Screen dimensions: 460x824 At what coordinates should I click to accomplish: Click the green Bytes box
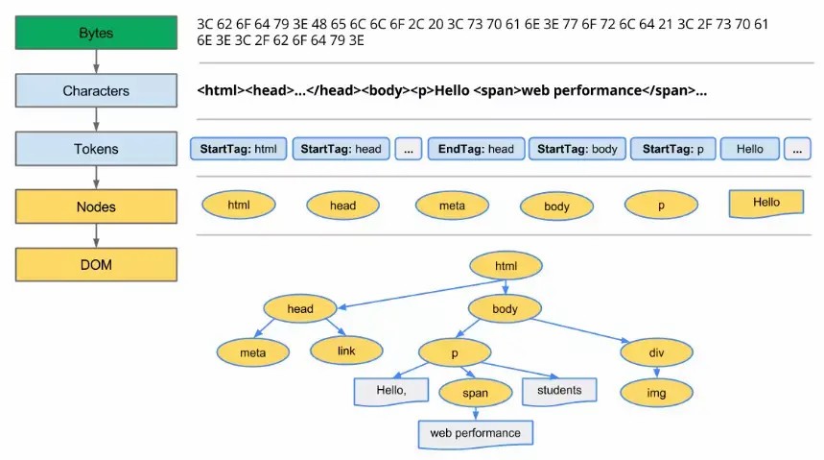click(x=96, y=33)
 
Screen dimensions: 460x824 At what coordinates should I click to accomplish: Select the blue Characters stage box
click(x=96, y=91)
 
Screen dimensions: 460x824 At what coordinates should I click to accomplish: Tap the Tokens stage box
click(x=96, y=149)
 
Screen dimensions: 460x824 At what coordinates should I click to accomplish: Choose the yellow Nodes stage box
click(x=96, y=206)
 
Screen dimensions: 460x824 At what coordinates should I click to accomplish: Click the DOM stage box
click(x=96, y=264)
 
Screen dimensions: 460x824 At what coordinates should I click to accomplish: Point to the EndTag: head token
click(x=476, y=149)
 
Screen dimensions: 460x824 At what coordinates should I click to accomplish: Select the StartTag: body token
click(x=577, y=149)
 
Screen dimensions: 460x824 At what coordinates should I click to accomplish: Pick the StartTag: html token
click(x=239, y=149)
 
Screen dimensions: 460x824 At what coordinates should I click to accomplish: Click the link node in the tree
click(x=346, y=351)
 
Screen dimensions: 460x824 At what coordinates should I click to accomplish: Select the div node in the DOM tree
click(x=657, y=352)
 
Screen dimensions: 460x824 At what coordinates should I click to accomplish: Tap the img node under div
click(x=657, y=392)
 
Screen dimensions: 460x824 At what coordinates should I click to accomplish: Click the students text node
click(x=559, y=390)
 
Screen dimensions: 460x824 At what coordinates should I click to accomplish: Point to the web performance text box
click(x=475, y=433)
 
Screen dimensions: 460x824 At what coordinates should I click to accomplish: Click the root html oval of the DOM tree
click(x=506, y=266)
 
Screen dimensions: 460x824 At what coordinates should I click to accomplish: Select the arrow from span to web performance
click(x=476, y=414)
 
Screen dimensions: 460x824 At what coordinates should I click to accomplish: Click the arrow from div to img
click(x=657, y=373)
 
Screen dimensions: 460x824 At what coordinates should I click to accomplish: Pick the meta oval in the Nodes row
click(x=452, y=206)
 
